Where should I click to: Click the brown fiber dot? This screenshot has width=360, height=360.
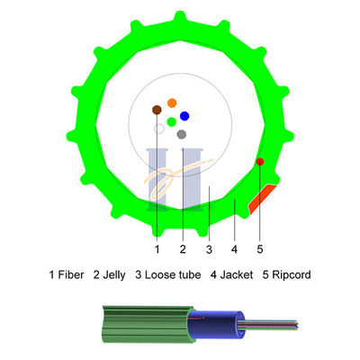[x=157, y=110]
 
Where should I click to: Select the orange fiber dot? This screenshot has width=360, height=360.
[x=172, y=103]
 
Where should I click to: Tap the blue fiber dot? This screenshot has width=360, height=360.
[x=184, y=116]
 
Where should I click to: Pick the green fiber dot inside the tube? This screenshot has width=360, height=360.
[x=171, y=121]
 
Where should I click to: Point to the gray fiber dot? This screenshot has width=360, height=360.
[x=182, y=134]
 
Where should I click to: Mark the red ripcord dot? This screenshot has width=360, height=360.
[x=259, y=161]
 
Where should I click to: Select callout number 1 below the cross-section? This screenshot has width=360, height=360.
[x=157, y=247]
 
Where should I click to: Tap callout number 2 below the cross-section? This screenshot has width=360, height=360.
[x=183, y=247]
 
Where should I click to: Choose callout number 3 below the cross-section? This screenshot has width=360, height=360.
[x=209, y=247]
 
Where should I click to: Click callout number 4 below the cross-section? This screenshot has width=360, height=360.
[x=234, y=247]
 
